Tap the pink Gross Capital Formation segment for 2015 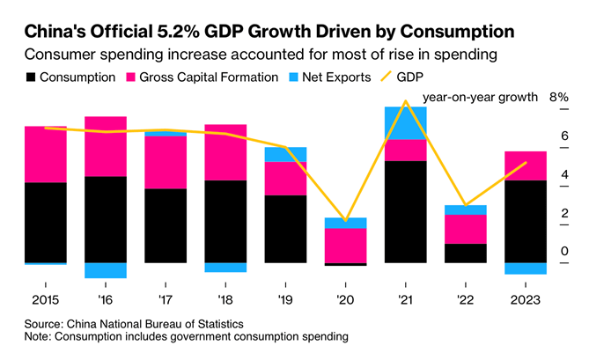[x=46, y=154]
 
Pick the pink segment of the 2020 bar [x=345, y=246]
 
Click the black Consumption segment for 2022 [x=465, y=253]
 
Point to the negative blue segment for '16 [x=106, y=270]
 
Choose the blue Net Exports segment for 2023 [x=525, y=268]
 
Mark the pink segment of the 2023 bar [x=525, y=165]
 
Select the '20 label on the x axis [x=345, y=298]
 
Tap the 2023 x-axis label [x=525, y=298]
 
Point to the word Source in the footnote [x=44, y=323]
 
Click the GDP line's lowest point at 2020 [x=346, y=220]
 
